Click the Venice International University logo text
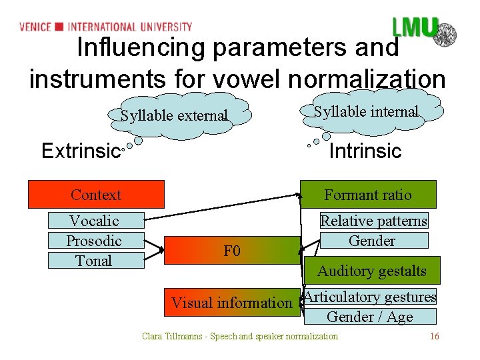(x=105, y=27)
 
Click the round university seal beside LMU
(x=445, y=33)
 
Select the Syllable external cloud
(x=175, y=115)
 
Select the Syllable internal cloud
(x=366, y=111)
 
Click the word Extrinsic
(x=80, y=151)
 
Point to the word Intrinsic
(x=365, y=151)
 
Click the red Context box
(x=95, y=195)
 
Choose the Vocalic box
(x=94, y=221)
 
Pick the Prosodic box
(x=94, y=241)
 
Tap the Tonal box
(x=94, y=261)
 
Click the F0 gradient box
(x=232, y=251)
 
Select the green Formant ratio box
(x=368, y=195)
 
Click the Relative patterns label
(x=373, y=221)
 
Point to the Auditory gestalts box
(x=371, y=271)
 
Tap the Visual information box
(x=231, y=303)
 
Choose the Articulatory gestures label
(x=370, y=297)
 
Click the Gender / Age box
(x=369, y=317)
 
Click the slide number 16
(x=435, y=336)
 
